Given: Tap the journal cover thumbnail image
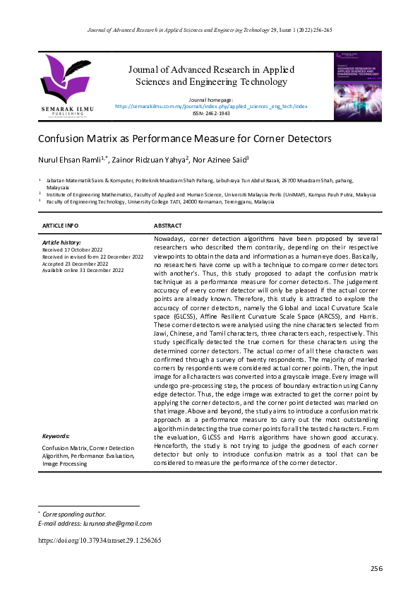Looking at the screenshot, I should (357, 84).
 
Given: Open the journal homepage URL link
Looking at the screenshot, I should (211, 106).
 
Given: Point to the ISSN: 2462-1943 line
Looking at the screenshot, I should (211, 113).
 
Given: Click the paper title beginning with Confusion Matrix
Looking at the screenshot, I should (184, 139).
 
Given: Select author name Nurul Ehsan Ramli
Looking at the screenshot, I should (68, 160).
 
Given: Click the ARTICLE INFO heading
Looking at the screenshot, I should (60, 225).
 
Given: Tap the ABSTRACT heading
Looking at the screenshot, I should (167, 225).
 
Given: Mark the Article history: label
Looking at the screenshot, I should (61, 242).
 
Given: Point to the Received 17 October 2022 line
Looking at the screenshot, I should (72, 249).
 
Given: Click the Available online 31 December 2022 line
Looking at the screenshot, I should (83, 270).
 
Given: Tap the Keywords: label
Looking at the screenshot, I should (56, 437).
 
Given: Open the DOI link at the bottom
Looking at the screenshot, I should (99, 540).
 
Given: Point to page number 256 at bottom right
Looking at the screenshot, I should (376, 568).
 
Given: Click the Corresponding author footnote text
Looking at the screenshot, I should (74, 514).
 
